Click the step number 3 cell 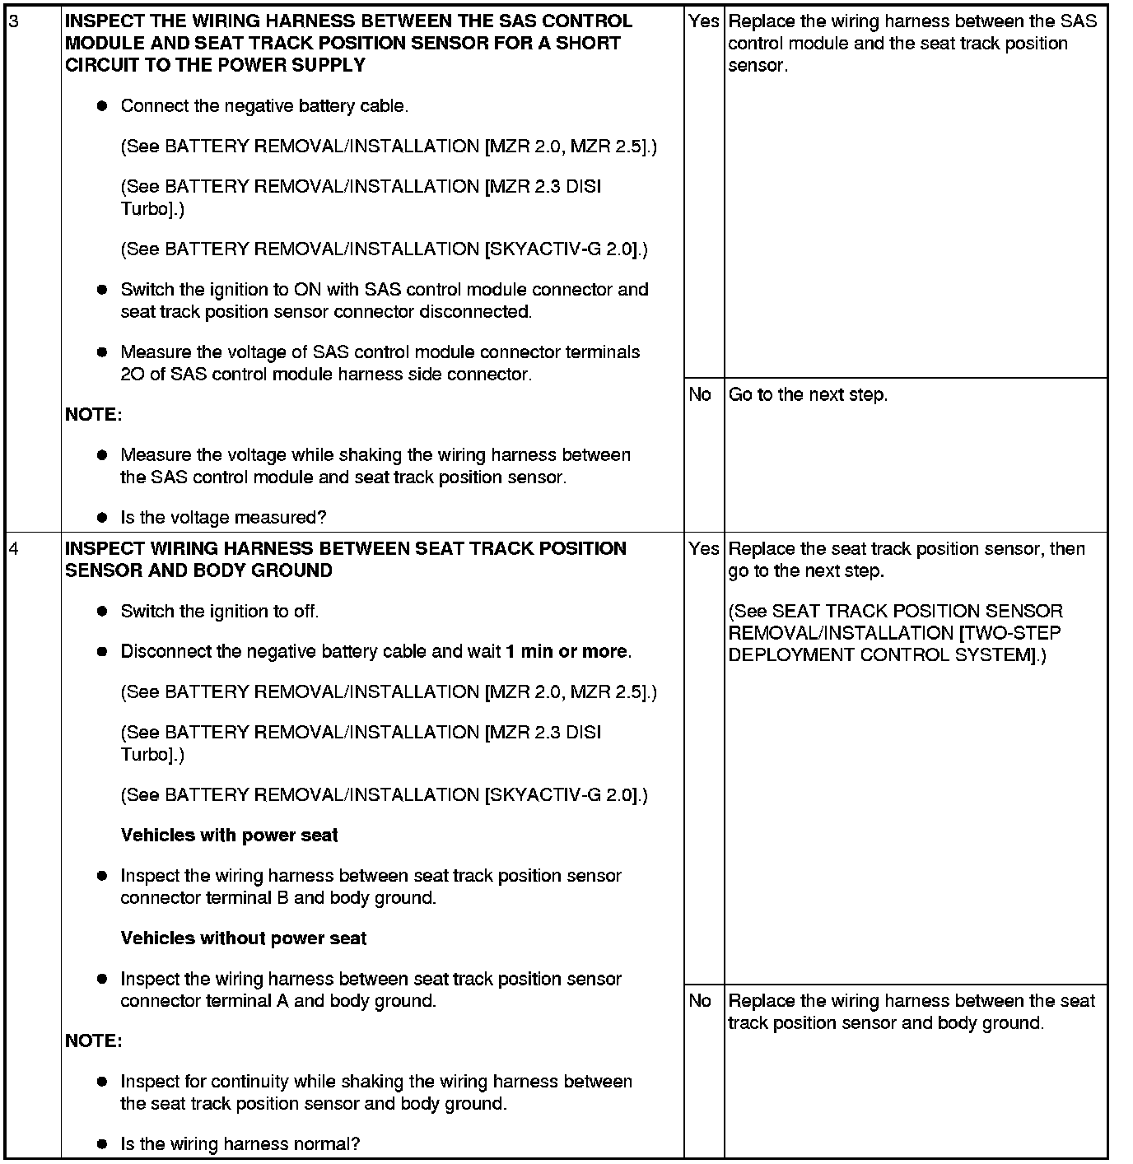point(13,21)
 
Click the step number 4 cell point(13,548)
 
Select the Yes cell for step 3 point(703,21)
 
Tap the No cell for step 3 point(700,395)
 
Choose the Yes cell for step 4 point(703,549)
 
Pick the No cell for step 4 point(700,1001)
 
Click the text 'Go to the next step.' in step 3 point(808,395)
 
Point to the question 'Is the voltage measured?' point(223,518)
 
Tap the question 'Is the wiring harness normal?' point(240,1144)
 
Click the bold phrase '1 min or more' point(566,652)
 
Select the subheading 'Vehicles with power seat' point(229,836)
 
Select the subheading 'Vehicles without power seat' point(243,938)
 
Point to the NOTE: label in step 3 point(93,415)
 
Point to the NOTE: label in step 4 point(93,1041)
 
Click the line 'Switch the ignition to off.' point(219,612)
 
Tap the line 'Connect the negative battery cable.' point(264,106)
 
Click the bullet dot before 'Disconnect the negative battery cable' point(102,652)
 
